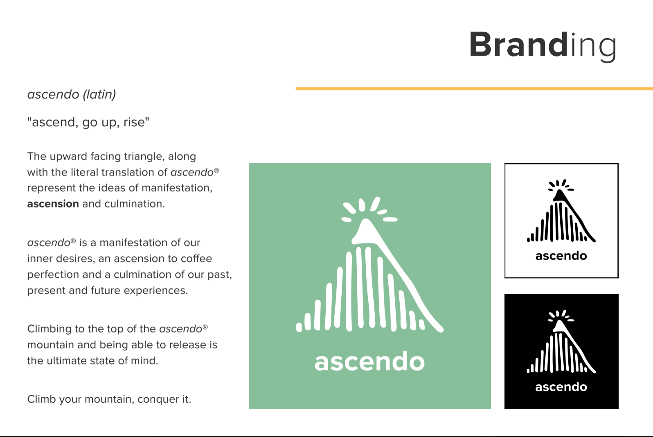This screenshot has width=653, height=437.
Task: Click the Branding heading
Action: pos(543,46)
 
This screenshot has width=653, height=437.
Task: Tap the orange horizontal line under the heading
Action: pos(474,89)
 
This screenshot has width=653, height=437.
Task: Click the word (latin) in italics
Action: pos(99,95)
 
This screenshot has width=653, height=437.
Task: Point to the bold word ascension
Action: pos(53,204)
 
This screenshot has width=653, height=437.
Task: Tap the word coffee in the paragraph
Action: pos(196,259)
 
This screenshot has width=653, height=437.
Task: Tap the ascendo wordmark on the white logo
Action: pos(561,256)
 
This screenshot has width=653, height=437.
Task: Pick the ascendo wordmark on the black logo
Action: pos(561,387)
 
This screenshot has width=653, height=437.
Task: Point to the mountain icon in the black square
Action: pos(561,341)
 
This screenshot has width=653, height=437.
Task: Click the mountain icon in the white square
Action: pos(561,211)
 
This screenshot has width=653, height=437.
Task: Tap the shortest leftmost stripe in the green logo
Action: pos(299,327)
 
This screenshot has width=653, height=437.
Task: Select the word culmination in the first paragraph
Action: pos(134,204)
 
